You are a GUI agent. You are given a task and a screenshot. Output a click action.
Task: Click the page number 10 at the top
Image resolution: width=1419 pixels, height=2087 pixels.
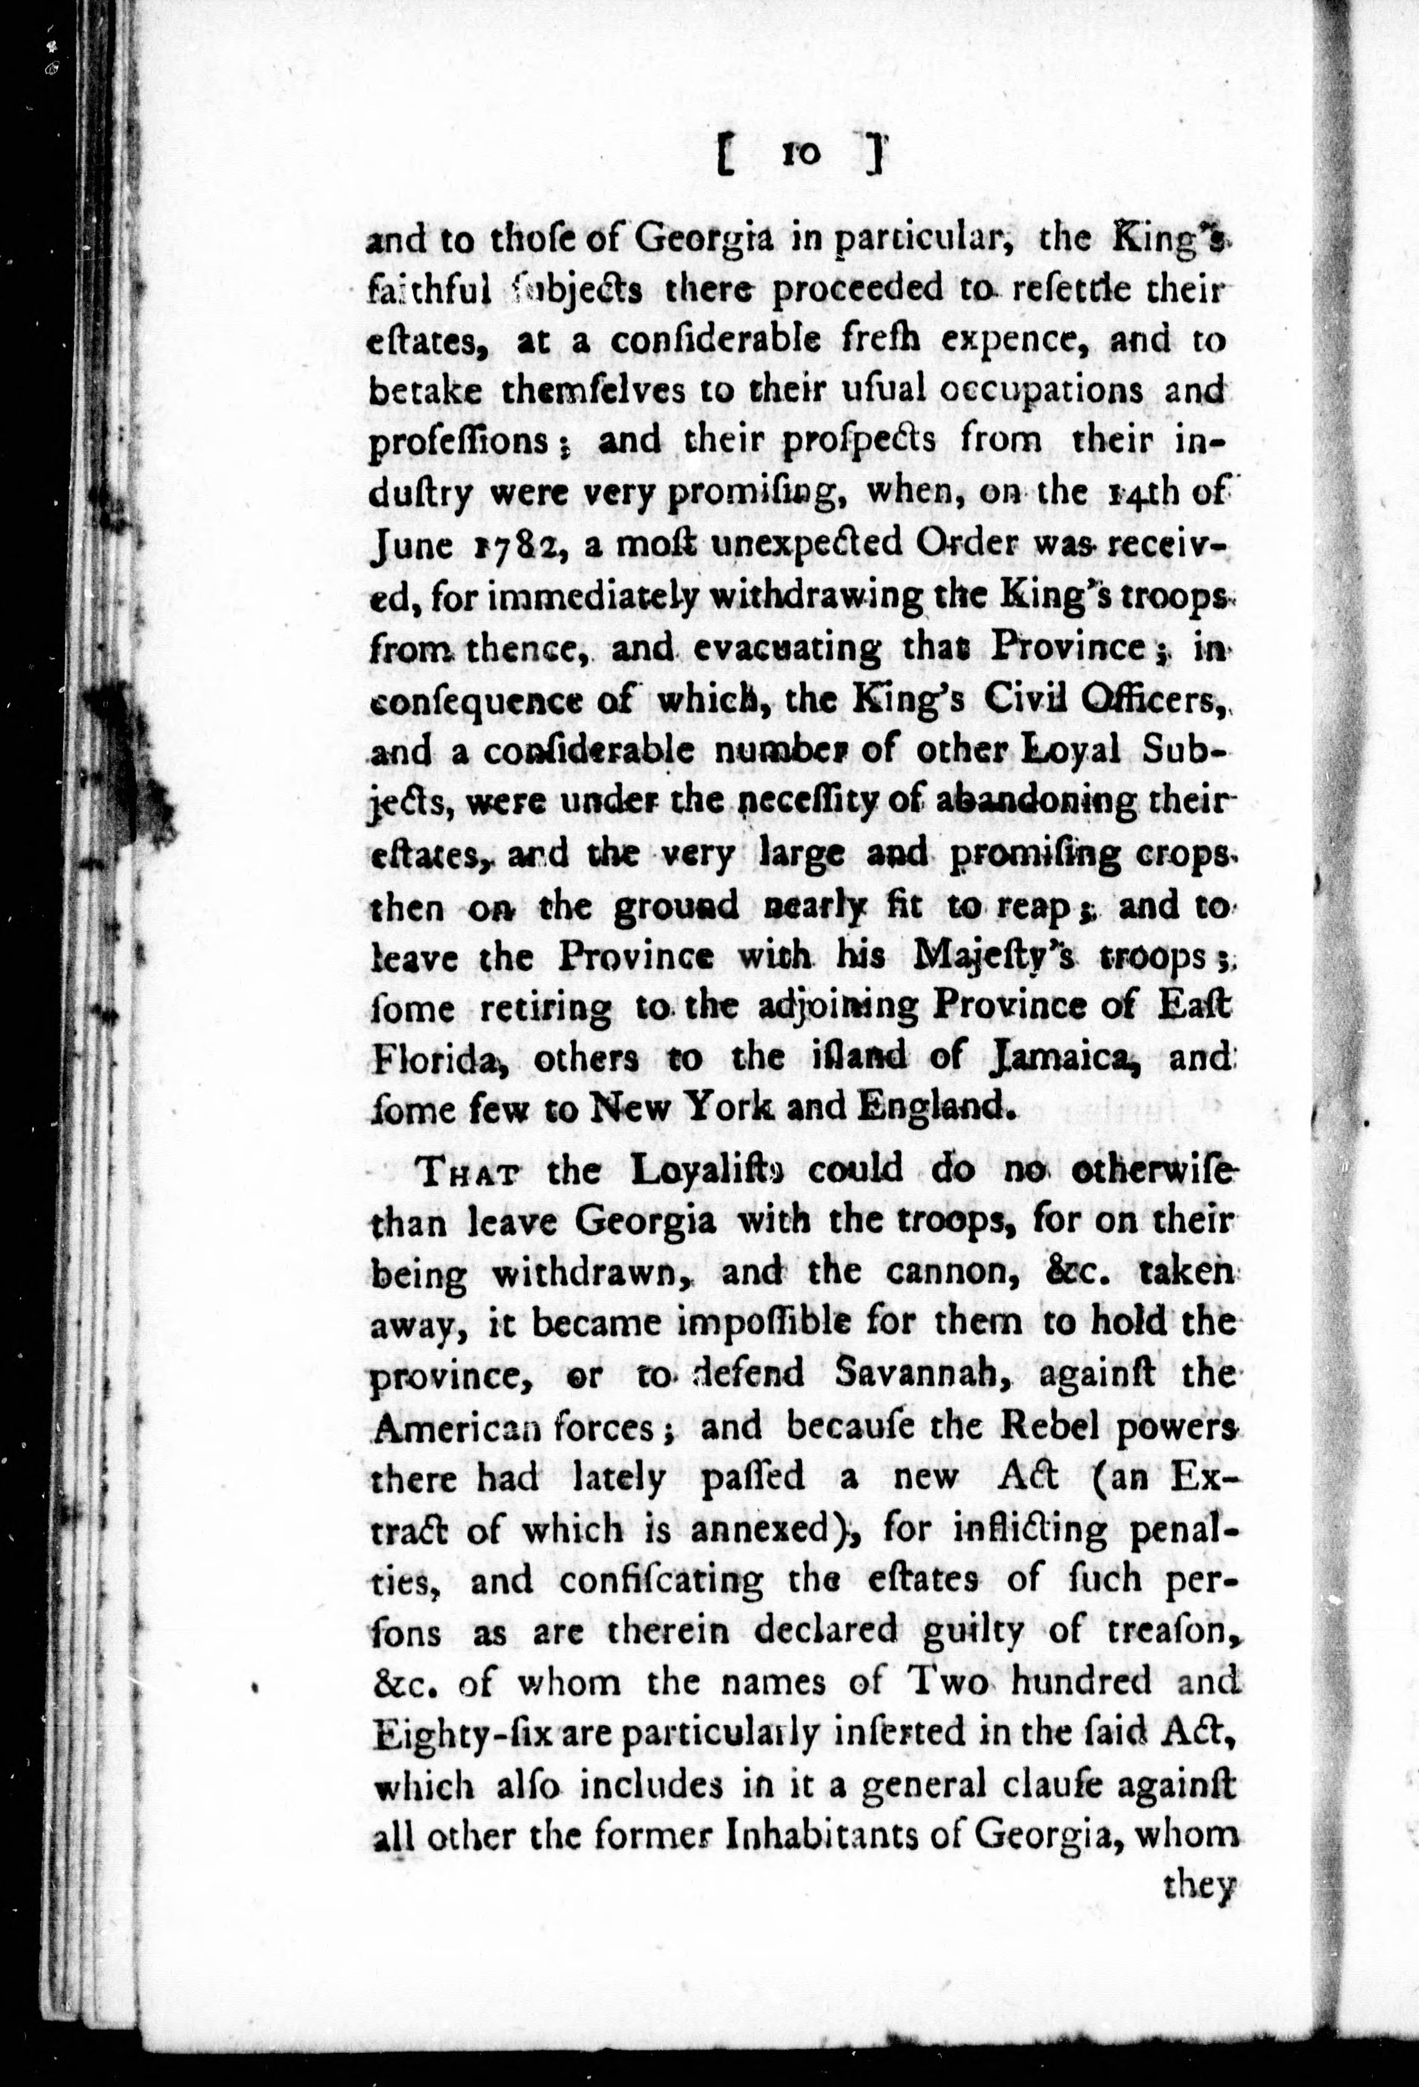pyautogui.click(x=801, y=154)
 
